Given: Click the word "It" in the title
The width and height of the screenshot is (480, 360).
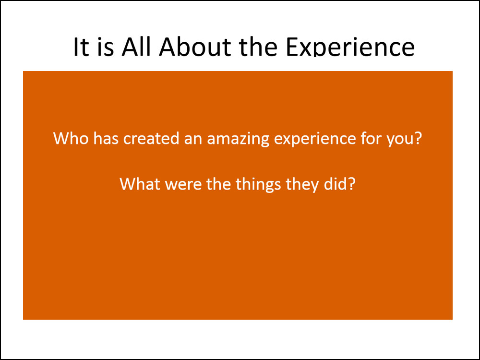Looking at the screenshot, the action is (81, 47).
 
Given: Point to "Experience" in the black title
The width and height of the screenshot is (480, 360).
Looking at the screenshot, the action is (350, 48).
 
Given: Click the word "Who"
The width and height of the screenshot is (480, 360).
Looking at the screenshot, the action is (71, 138).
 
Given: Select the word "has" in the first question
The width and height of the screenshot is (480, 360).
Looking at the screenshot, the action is (106, 138).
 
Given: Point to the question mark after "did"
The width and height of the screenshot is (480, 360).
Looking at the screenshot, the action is (352, 184).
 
